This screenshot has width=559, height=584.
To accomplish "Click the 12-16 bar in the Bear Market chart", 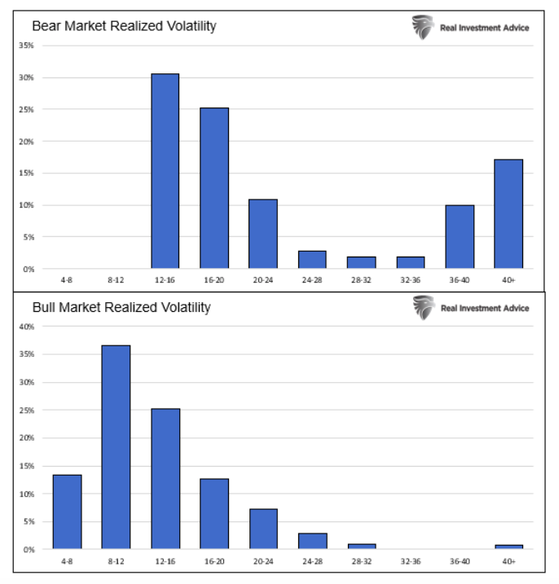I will tap(165, 171).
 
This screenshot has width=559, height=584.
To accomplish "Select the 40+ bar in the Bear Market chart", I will tap(508, 214).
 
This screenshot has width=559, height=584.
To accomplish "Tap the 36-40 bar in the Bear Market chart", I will tap(460, 237).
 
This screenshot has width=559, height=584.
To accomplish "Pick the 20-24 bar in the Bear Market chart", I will tap(263, 234).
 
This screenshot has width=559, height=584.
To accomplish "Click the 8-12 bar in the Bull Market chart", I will tap(116, 447).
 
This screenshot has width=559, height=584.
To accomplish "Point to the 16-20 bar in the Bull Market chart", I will tap(214, 514).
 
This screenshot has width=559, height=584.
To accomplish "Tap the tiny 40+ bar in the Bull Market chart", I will tap(508, 547).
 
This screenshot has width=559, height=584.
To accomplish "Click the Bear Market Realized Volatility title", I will tap(124, 26).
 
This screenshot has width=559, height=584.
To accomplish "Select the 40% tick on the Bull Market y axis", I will tap(26, 327).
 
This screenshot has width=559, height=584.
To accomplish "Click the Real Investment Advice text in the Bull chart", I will tap(484, 308).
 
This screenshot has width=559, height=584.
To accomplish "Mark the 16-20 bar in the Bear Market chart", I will tap(214, 188).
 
